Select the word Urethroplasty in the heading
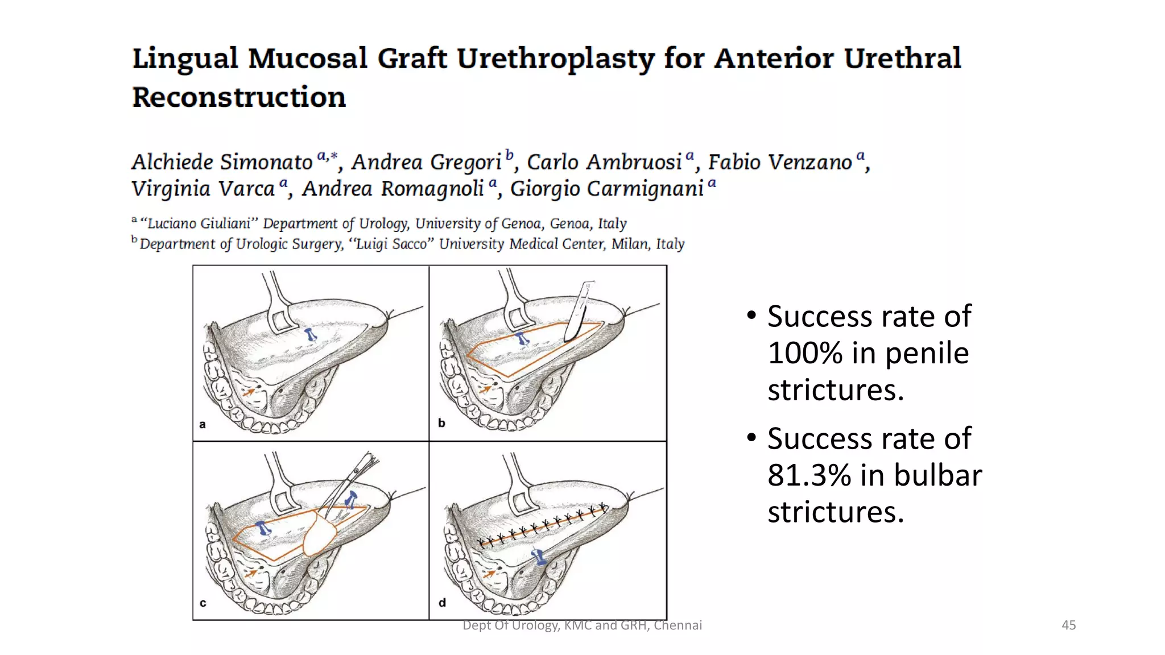point(555,59)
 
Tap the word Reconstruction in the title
point(239,97)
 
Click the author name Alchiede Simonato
point(222,162)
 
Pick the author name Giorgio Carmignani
point(607,189)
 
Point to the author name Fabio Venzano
point(780,162)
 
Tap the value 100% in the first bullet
point(805,353)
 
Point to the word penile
point(927,353)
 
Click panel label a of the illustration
point(203,424)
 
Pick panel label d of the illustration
point(442,603)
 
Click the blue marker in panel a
point(311,335)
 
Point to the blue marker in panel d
point(538,556)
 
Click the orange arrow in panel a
point(249,392)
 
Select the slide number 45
point(1068,625)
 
